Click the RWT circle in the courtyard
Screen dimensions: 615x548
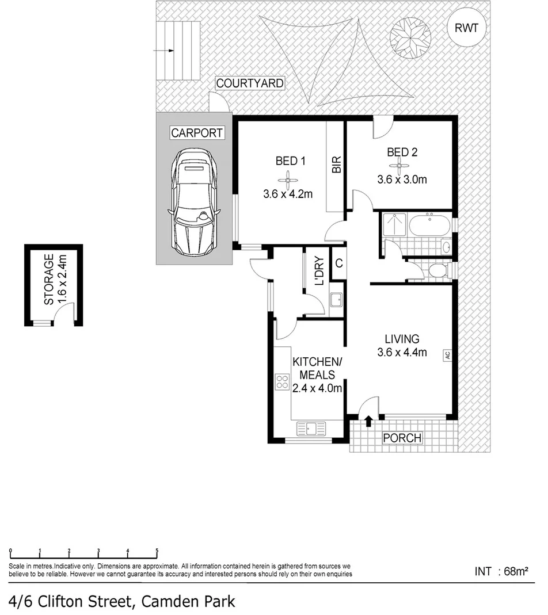(x=466, y=28)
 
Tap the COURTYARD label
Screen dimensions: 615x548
(x=249, y=83)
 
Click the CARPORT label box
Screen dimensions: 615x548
(x=196, y=133)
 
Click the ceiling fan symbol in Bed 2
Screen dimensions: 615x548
(x=401, y=167)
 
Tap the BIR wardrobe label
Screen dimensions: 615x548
(x=336, y=165)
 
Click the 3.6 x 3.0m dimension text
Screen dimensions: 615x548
(x=402, y=179)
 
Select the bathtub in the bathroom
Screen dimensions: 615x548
(x=430, y=224)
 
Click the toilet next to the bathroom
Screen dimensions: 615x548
(x=437, y=270)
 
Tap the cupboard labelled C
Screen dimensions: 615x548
(x=339, y=264)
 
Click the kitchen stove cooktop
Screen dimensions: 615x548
(x=283, y=382)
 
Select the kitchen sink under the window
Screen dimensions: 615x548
(x=310, y=428)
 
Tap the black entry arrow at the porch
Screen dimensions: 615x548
(x=368, y=423)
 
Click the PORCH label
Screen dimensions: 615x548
(x=402, y=438)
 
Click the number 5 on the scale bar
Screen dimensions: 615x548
(x=157, y=552)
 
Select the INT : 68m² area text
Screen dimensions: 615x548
(x=501, y=571)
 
